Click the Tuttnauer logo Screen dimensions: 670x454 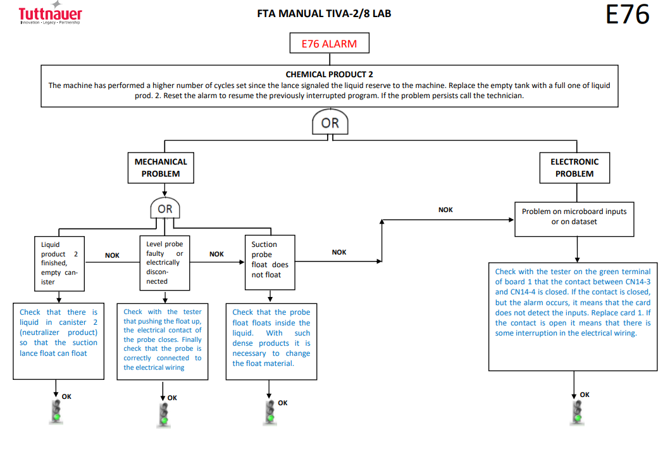pos(51,13)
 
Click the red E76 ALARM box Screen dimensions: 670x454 pos(329,43)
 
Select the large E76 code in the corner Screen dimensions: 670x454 pos(627,15)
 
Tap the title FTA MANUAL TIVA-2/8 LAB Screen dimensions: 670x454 pos(324,14)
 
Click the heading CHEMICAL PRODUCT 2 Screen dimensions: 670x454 pos(329,74)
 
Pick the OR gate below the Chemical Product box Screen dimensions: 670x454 pos(330,122)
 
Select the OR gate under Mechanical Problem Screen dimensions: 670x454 pos(165,208)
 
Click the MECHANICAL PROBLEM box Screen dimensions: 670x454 pos(161,168)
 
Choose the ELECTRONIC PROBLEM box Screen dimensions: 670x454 pos(574,168)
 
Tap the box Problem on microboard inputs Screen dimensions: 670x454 pos(574,219)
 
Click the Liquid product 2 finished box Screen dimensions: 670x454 pos(59,264)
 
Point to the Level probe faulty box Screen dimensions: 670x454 pos(165,263)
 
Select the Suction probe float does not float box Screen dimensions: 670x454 pos(270,263)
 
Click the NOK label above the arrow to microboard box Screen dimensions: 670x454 pos(445,210)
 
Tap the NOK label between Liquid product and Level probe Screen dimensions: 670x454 pos(112,255)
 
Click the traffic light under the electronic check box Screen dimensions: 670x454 pos(577,413)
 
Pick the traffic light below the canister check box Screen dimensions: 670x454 pos(56,412)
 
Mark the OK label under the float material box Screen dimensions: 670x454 pos(282,403)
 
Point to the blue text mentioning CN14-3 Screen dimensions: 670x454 pos(573,302)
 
